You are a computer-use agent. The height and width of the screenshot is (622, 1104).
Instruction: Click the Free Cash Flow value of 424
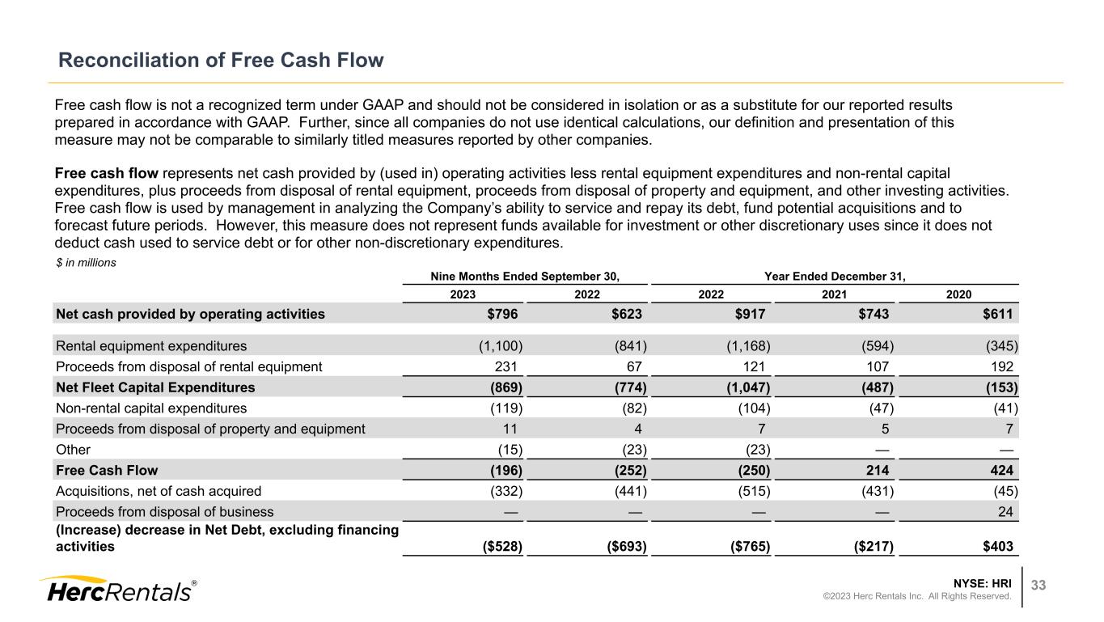[1000, 470]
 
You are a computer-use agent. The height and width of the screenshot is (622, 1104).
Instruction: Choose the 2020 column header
[958, 294]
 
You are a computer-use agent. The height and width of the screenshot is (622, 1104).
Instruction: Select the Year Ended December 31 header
[835, 277]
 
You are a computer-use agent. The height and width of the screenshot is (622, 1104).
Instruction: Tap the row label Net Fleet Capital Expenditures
[154, 387]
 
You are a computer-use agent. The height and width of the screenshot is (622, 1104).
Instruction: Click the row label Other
[73, 449]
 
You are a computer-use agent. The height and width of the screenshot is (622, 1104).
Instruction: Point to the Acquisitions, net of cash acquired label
[159, 490]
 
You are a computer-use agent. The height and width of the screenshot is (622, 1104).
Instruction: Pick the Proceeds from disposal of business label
[164, 511]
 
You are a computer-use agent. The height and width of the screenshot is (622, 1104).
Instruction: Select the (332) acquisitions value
[506, 490]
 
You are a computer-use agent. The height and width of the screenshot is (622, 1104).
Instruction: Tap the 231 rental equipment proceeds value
[511, 366]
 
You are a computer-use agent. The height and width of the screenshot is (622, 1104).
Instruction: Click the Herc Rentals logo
[116, 590]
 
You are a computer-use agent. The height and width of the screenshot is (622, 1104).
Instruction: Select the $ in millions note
[85, 263]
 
